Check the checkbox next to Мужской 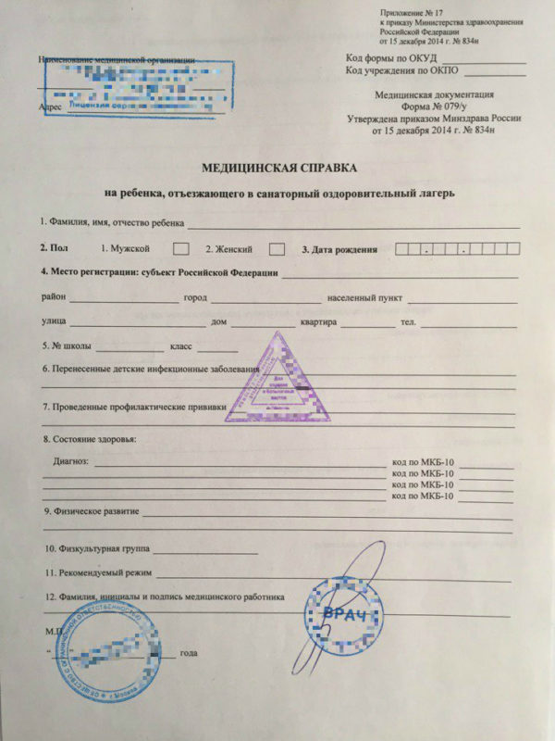[x=182, y=249]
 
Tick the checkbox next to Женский [x=276, y=249]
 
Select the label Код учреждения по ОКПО [x=401, y=70]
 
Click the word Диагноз [x=70, y=460]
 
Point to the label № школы [x=65, y=346]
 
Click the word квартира [x=320, y=322]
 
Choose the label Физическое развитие [x=92, y=511]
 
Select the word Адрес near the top [x=52, y=107]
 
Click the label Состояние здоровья [x=89, y=438]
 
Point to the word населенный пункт [x=362, y=298]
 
